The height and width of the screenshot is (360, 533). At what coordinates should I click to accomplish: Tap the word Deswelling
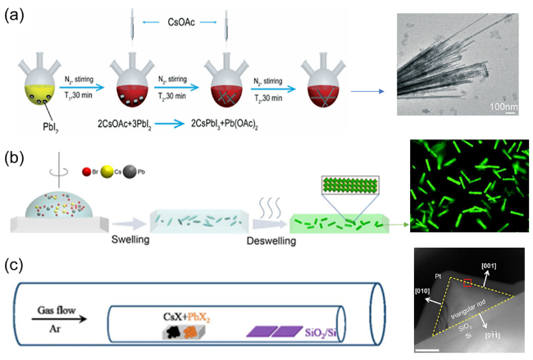(253, 242)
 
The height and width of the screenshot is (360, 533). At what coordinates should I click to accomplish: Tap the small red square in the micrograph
(468, 284)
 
